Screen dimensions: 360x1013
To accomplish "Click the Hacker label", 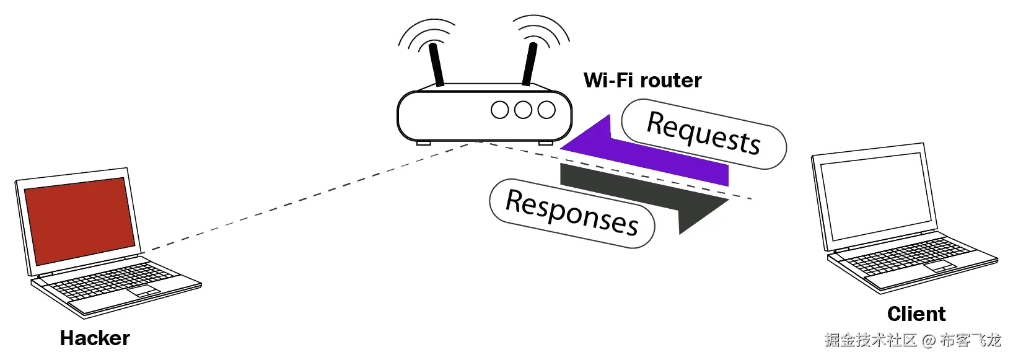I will click(x=95, y=338).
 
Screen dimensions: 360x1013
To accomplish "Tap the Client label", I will click(x=916, y=314).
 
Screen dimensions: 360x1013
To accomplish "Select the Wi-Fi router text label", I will click(x=642, y=81).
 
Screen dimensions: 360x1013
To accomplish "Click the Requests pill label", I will click(x=703, y=134).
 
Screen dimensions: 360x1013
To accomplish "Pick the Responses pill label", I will click(x=572, y=213).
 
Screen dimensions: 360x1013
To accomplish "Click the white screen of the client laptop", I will click(x=874, y=196).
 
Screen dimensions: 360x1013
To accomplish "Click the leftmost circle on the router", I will click(x=500, y=110).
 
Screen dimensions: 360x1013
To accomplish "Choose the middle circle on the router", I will click(x=524, y=110).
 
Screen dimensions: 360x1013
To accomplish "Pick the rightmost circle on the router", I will click(x=546, y=110).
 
